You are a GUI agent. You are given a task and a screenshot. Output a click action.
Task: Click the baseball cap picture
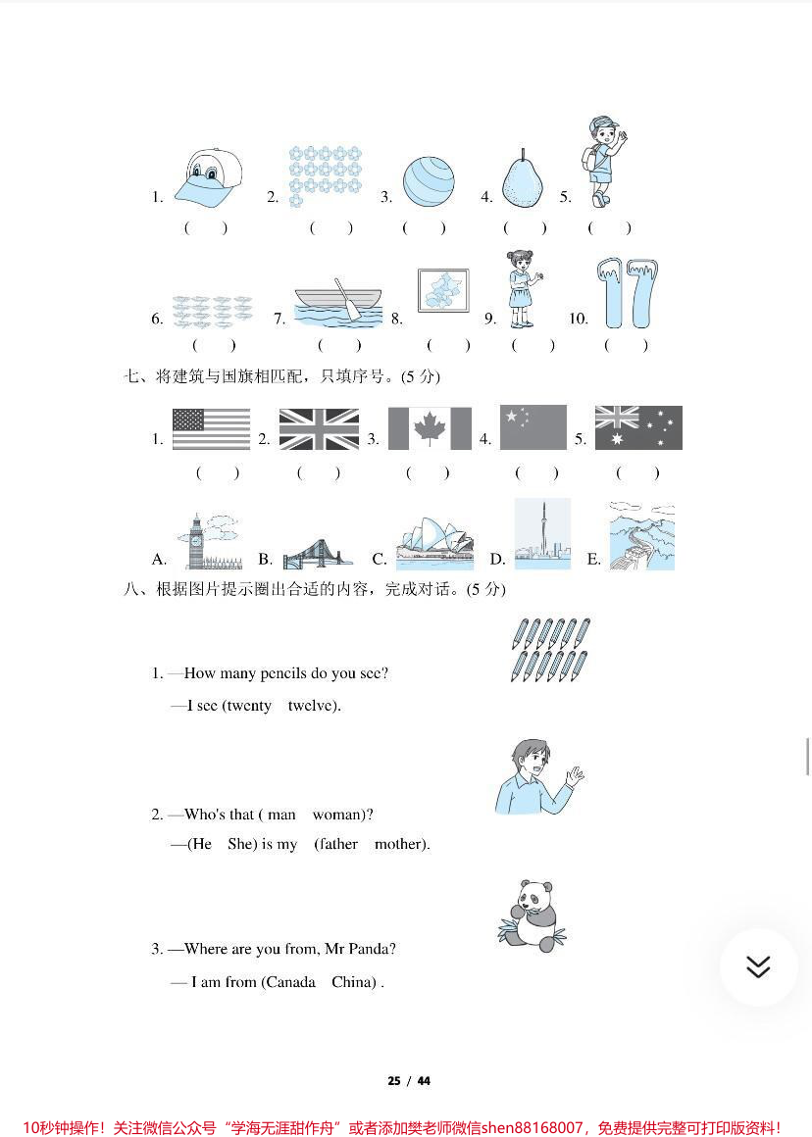coord(208,178)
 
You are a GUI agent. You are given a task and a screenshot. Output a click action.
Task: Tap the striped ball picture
coord(429,182)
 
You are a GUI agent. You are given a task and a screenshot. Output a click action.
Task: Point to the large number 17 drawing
coord(627,294)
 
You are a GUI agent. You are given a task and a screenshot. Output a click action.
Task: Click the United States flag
coord(211,429)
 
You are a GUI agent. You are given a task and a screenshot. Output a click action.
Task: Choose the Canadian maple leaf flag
coord(430,429)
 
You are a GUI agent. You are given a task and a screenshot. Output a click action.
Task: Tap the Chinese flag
coord(533,427)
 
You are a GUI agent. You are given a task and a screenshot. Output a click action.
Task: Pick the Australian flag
coord(638,428)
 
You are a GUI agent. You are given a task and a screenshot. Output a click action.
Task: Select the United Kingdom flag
coord(320,429)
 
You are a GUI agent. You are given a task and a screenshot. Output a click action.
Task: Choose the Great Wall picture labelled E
coord(641,536)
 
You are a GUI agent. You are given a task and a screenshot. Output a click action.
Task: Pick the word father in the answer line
coord(336,844)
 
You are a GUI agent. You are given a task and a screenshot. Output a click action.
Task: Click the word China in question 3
coord(353,982)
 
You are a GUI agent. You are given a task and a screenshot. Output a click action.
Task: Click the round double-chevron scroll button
coord(758,967)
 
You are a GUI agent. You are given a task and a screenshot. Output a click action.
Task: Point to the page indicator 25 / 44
coord(409,1081)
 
